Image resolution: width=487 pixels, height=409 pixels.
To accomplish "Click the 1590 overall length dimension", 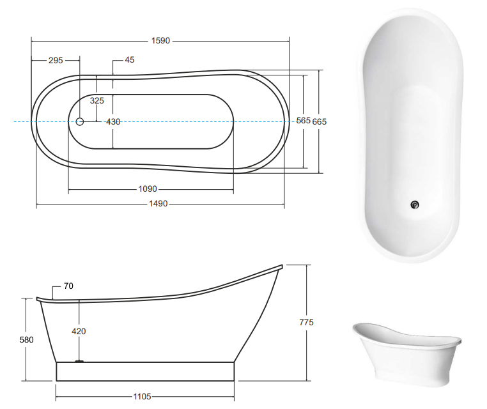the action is (x=160, y=41).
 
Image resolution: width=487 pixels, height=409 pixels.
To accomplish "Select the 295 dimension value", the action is (x=56, y=60).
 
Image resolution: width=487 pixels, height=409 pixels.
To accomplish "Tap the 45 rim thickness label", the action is (x=130, y=59).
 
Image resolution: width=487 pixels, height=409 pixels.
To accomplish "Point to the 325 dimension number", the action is (x=97, y=100).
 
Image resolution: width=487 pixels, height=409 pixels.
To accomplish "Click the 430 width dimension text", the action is (x=113, y=121).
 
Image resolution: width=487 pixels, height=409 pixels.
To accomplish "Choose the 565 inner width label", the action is (x=303, y=121).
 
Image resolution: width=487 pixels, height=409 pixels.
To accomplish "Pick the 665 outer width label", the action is (x=320, y=121).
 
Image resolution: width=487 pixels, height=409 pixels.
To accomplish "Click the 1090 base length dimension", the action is (x=148, y=189).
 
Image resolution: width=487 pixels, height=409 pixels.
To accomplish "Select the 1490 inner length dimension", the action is (x=158, y=204).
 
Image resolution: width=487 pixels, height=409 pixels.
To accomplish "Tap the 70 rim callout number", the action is (x=68, y=286).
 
